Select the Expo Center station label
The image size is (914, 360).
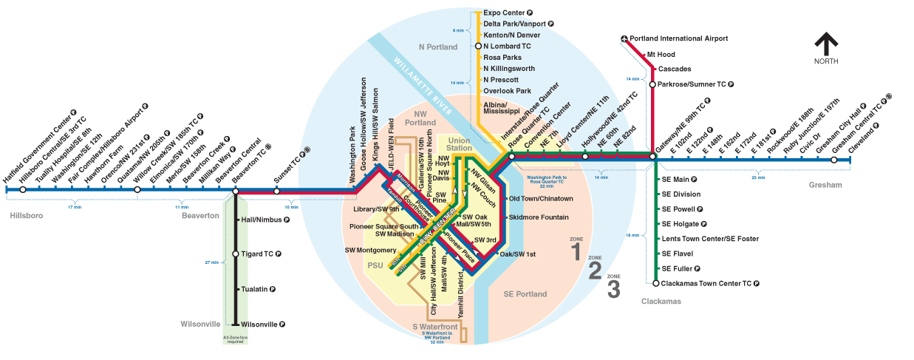pyautogui.click(x=504, y=13)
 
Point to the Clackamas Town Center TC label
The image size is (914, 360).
pyautogui.click(x=711, y=283)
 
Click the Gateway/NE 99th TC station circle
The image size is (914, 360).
pyautogui.click(x=653, y=157)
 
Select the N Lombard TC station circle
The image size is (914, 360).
pyautogui.click(x=477, y=46)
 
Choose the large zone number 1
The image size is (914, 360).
pyautogui.click(x=576, y=253)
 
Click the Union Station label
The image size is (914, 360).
pyautogui.click(x=459, y=144)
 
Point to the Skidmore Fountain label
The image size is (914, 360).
pyautogui.click(x=539, y=217)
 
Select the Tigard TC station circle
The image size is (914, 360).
pyautogui.click(x=236, y=254)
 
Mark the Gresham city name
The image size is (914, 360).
pyautogui.click(x=825, y=185)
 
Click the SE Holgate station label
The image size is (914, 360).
pyautogui.click(x=682, y=223)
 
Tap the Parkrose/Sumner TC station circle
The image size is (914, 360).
pyautogui.click(x=652, y=84)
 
